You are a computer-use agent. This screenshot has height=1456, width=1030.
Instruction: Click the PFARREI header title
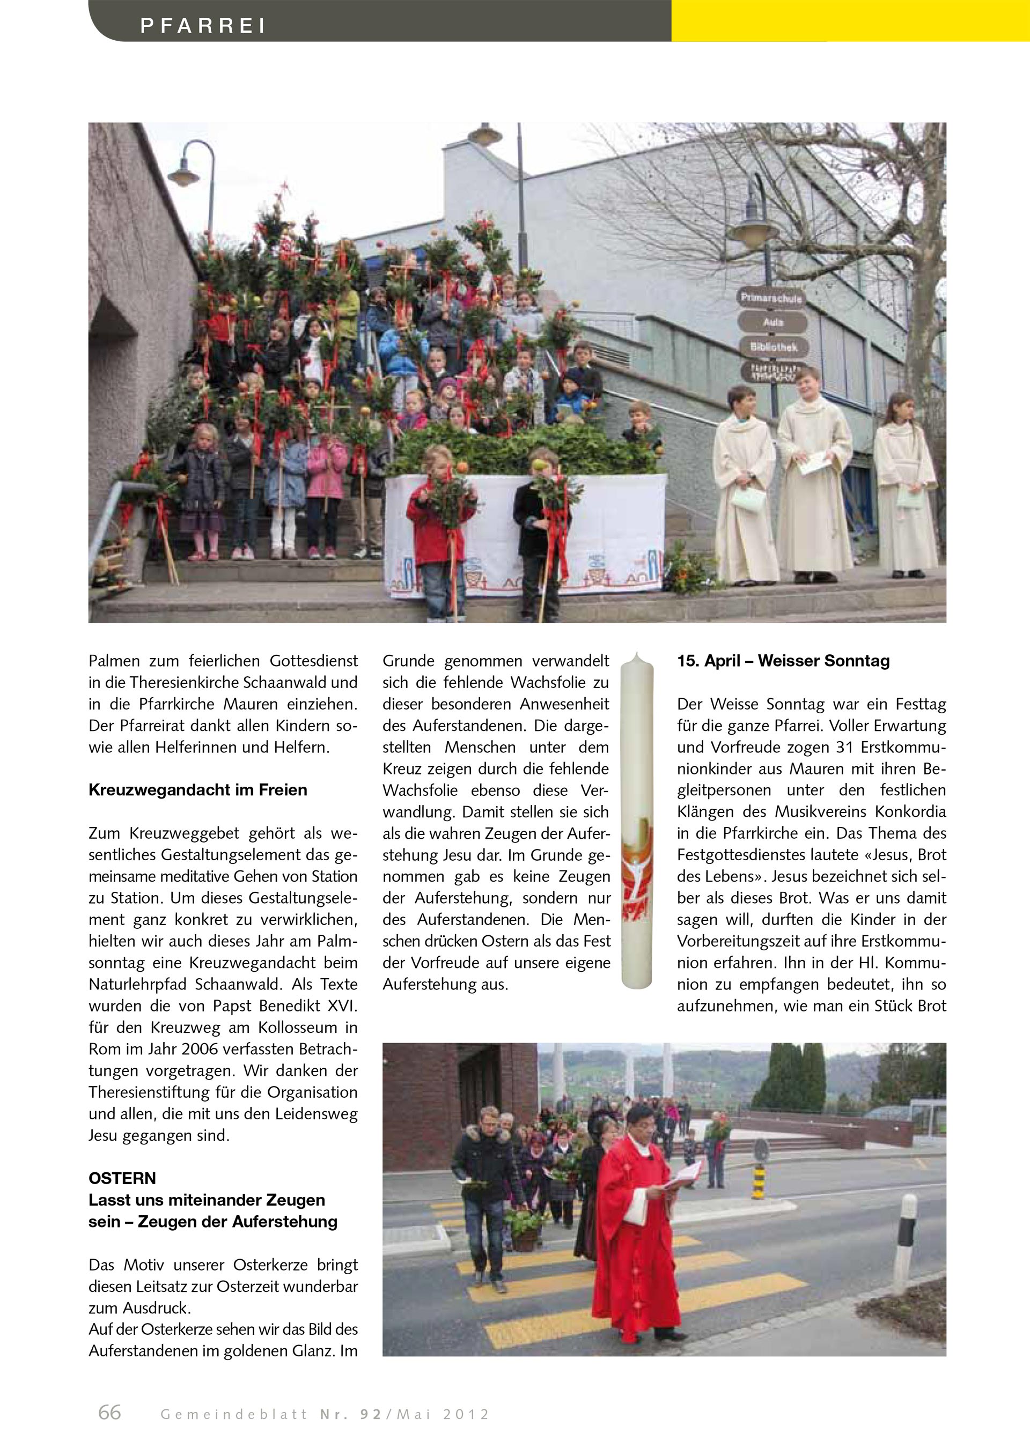(x=202, y=25)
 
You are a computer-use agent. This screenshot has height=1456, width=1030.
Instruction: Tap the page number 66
(x=110, y=1411)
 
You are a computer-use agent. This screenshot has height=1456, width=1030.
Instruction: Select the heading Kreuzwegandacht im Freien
(x=198, y=790)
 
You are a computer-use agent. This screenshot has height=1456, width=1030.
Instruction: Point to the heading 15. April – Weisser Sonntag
(x=783, y=661)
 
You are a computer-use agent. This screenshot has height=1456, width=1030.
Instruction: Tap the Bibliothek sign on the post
(x=773, y=347)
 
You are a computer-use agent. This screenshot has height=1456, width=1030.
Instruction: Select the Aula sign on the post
(x=773, y=322)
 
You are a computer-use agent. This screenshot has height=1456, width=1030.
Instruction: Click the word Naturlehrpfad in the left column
(x=139, y=984)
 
